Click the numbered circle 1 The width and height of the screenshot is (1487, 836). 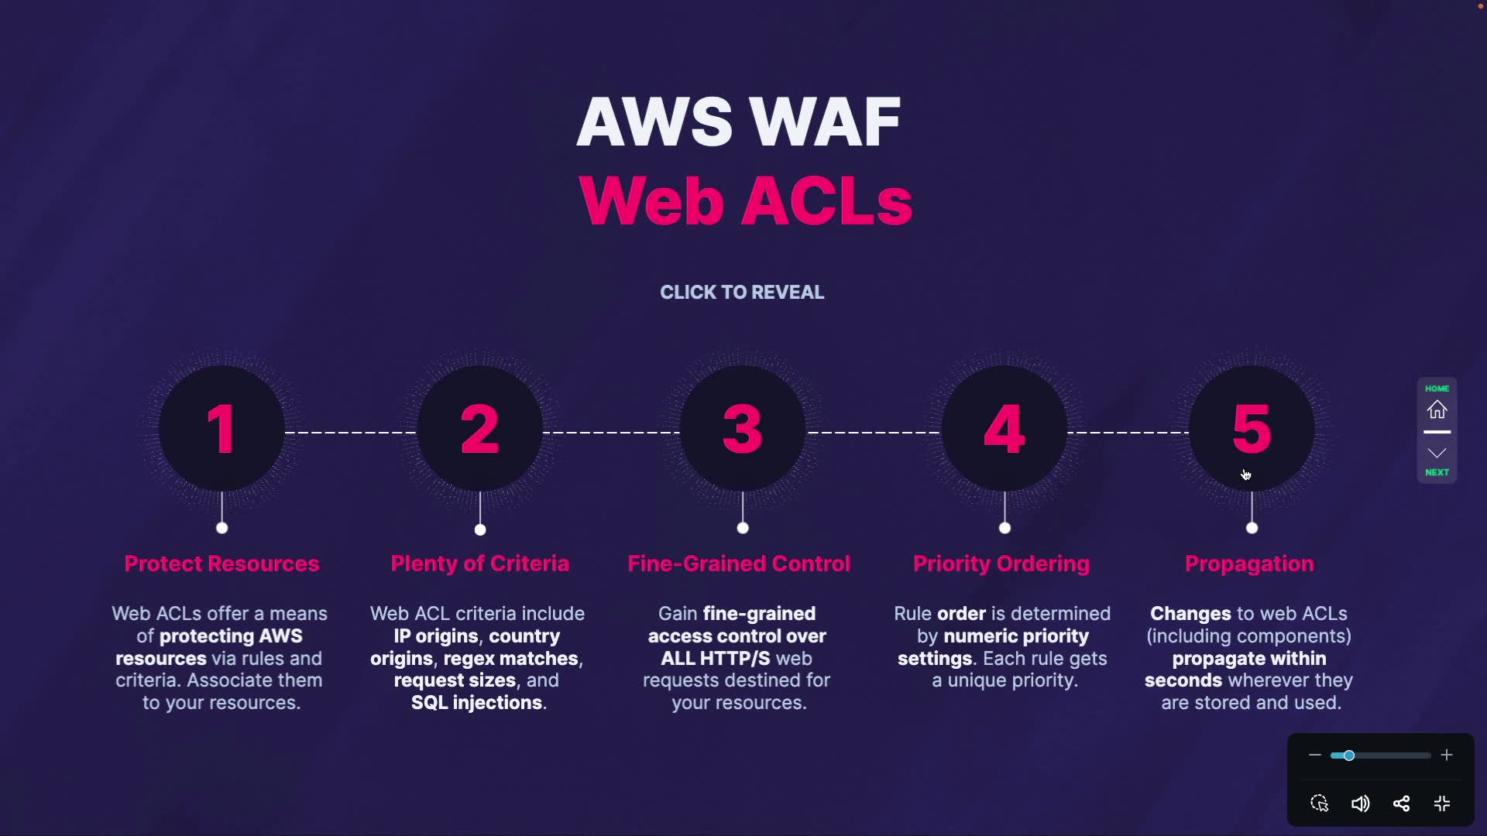(222, 429)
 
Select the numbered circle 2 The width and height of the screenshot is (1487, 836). (480, 429)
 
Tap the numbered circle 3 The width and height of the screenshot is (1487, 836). (743, 429)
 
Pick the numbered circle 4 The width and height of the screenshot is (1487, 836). (1004, 429)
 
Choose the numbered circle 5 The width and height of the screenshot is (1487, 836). (1252, 429)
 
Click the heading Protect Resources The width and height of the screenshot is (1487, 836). (222, 564)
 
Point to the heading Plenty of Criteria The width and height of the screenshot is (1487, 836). (480, 564)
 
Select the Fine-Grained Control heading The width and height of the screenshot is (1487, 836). (739, 564)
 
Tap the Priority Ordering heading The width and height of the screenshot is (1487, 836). (1001, 564)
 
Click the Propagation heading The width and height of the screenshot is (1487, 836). (1249, 564)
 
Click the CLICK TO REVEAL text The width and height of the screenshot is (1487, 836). (742, 293)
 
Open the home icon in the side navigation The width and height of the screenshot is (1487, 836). (1437, 409)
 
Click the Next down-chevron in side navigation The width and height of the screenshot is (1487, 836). (1437, 454)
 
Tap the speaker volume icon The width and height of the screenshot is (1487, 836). (1360, 803)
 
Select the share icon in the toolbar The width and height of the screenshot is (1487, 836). (1401, 803)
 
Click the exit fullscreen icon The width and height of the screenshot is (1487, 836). (1442, 803)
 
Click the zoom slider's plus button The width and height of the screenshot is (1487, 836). (1446, 755)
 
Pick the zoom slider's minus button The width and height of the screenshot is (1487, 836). (1314, 755)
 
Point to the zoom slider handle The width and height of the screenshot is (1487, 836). (1349, 755)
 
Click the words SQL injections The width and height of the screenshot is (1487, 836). (477, 703)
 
